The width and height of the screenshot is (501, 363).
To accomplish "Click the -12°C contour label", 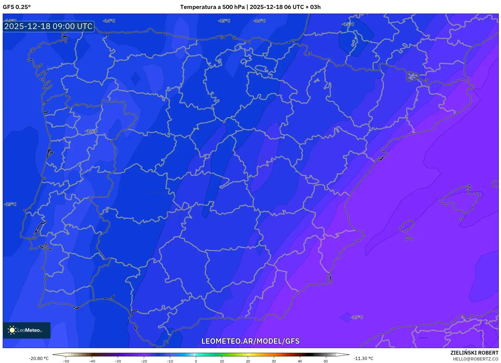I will pyautogui.click(x=91, y=131).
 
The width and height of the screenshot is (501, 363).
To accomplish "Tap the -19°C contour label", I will pyautogui.click(x=357, y=317).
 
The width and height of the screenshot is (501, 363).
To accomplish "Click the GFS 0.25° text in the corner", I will pyautogui.click(x=17, y=7).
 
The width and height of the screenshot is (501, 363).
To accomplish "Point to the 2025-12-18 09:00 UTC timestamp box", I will pyautogui.click(x=49, y=27).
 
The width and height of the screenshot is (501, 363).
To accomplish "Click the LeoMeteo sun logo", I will pyautogui.click(x=12, y=330).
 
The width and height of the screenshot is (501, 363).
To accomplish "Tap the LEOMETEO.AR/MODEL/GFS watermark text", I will pyautogui.click(x=250, y=341).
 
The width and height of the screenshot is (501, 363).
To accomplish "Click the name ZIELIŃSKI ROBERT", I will pyautogui.click(x=474, y=353).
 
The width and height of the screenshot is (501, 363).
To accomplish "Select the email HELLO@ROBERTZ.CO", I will pyautogui.click(x=475, y=359).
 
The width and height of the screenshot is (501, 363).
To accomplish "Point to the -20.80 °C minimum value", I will pyautogui.click(x=39, y=359).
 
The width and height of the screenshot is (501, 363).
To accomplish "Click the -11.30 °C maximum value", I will pyautogui.click(x=363, y=359).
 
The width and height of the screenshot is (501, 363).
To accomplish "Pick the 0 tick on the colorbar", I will pyautogui.click(x=196, y=361).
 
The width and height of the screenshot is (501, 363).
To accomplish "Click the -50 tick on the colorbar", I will pyautogui.click(x=66, y=361).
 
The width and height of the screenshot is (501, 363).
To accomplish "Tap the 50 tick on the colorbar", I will pyautogui.click(x=326, y=361).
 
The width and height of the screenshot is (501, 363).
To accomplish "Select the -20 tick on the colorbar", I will pyautogui.click(x=144, y=361).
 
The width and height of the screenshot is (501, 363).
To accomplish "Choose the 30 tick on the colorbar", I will pyautogui.click(x=274, y=361).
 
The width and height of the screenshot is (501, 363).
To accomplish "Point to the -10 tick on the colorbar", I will pyautogui.click(x=170, y=361).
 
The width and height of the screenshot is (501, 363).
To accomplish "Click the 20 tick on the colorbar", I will pyautogui.click(x=248, y=361).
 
